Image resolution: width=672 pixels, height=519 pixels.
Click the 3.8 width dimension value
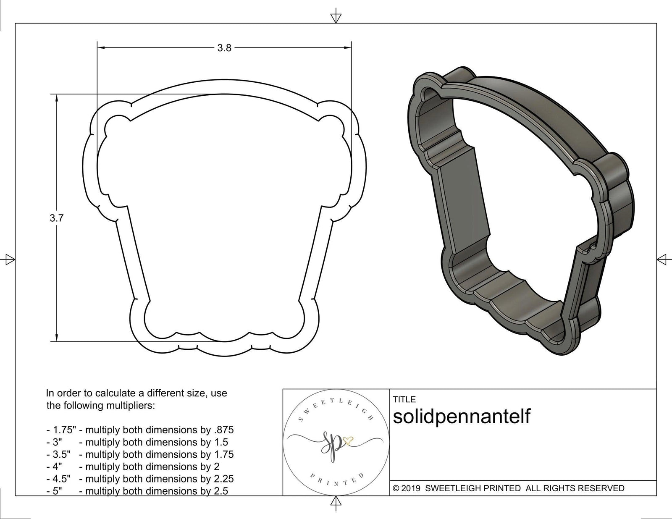(224, 48)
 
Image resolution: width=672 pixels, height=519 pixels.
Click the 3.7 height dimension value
(56, 218)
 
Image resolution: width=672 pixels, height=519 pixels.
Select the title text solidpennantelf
(462, 416)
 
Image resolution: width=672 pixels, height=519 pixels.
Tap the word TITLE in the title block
(404, 399)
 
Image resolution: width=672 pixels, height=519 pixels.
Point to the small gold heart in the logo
(348, 440)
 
